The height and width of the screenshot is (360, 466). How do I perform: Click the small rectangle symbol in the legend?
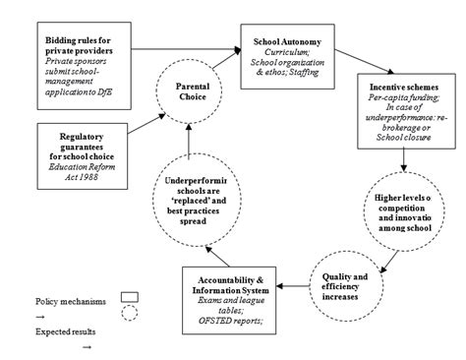pos(129,295)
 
